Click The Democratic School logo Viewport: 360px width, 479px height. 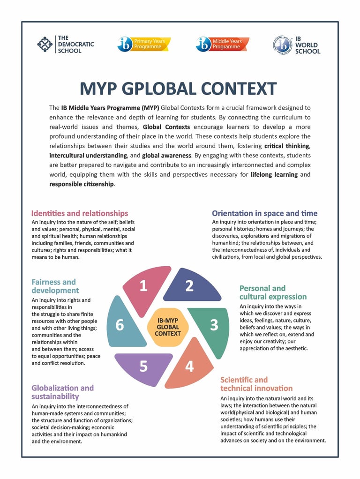point(66,44)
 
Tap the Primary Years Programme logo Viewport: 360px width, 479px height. point(144,44)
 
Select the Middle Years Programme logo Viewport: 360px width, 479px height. point(222,44)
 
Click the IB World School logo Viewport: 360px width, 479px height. point(296,45)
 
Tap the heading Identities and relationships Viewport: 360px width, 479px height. point(80,213)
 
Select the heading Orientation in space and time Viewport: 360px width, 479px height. point(264,213)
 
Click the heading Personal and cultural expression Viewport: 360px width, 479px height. point(273,292)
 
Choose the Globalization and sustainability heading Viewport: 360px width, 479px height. point(62,392)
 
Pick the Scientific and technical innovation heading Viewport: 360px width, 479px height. point(256,384)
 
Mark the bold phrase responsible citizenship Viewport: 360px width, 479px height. point(82,184)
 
